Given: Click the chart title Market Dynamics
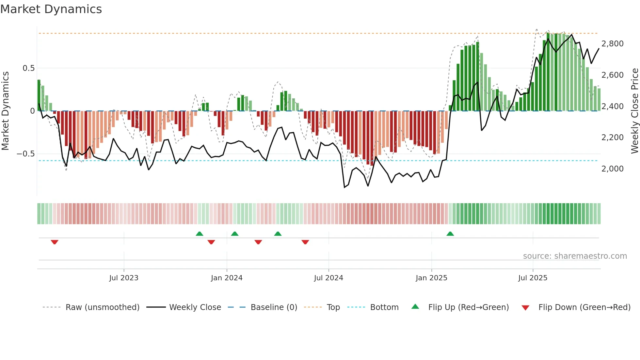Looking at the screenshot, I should [51, 9].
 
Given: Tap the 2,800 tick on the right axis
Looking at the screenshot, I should [612, 44].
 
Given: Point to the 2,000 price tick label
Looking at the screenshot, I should [612, 169].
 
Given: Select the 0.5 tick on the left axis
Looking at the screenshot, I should [28, 68].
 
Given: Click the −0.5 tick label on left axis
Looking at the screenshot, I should [26, 154].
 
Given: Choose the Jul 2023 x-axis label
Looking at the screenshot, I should [124, 278].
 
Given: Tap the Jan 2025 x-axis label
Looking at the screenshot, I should [431, 278].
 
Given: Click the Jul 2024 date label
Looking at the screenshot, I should [328, 278].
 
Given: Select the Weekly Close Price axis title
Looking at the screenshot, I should [634, 111].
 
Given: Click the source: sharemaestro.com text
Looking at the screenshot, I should [575, 256].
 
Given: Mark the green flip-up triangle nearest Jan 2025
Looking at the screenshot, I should [450, 234].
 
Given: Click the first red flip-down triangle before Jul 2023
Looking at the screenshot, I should [55, 242].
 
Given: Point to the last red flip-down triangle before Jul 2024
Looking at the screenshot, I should [305, 242].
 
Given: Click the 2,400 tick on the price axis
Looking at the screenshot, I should [612, 106].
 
